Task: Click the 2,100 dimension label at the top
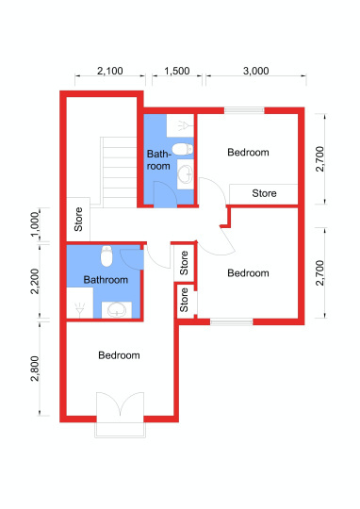[x=109, y=71]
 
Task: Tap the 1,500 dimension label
[x=177, y=71]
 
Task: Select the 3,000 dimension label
[x=255, y=71]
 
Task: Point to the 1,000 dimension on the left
[x=35, y=224]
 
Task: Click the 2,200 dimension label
[x=35, y=281]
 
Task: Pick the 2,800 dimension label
[x=35, y=369]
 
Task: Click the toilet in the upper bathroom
[x=183, y=149]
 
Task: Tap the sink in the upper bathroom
[x=186, y=174]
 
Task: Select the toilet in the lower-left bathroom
[x=106, y=256]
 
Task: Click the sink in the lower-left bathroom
[x=117, y=310]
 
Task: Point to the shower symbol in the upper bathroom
[x=183, y=125]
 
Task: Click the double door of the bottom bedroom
[x=120, y=404]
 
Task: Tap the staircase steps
[x=118, y=172]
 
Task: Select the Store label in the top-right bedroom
[x=264, y=193]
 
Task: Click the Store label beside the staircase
[x=78, y=220]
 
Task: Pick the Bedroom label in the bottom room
[x=119, y=355]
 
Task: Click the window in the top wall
[x=244, y=110]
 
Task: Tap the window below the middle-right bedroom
[x=232, y=322]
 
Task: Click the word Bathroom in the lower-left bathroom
[x=106, y=280]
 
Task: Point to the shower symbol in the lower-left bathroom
[x=79, y=310]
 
